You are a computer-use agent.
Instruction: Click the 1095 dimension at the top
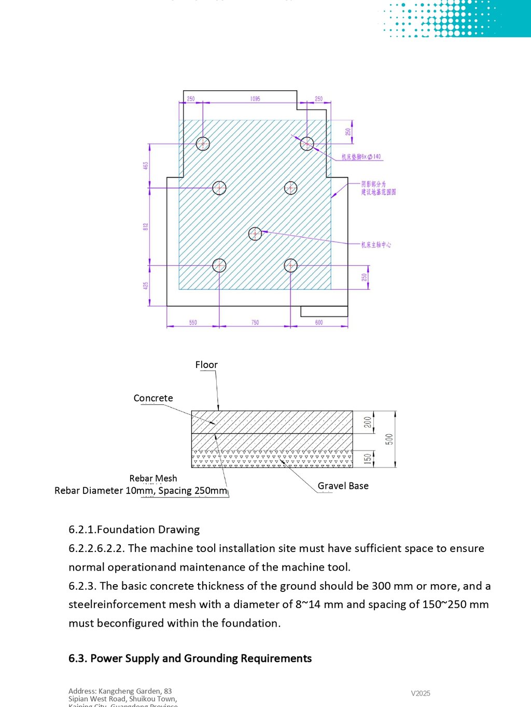tap(255, 98)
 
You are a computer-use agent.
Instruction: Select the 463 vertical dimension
tap(146, 165)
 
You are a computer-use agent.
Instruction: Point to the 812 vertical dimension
tap(146, 227)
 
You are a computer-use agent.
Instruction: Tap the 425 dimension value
tap(146, 286)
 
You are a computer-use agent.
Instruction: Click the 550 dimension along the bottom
tap(193, 322)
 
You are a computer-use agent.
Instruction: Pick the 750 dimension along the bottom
tap(255, 322)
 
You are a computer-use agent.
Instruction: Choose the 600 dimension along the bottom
tap(319, 322)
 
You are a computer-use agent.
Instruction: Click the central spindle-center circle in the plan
tap(255, 234)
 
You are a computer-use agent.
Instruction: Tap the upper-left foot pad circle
tap(203, 144)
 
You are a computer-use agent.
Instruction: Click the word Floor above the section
tap(206, 365)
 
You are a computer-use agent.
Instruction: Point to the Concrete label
tap(153, 398)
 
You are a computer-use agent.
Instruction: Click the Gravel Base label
tap(343, 486)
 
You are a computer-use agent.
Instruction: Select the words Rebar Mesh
tap(153, 478)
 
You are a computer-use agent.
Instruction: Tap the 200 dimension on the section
tap(368, 422)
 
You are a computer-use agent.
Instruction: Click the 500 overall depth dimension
tap(389, 439)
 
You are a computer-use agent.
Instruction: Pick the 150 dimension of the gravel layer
tap(368, 459)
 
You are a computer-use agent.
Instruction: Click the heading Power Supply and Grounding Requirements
tap(190, 658)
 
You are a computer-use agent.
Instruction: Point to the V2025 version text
tap(421, 694)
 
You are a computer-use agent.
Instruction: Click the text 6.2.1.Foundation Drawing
tap(134, 529)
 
